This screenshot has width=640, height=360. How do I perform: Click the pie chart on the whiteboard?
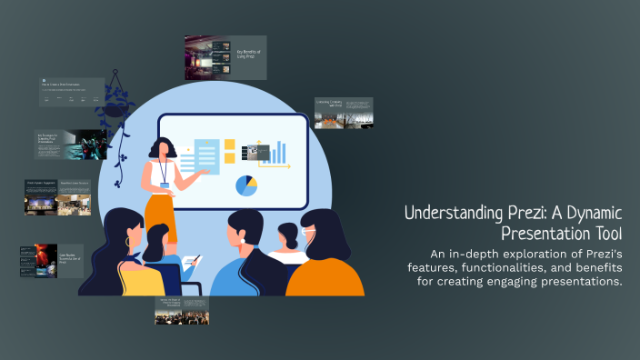(246, 185)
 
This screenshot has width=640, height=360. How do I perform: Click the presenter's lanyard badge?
(165, 185)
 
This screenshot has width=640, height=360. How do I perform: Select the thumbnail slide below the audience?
(182, 310)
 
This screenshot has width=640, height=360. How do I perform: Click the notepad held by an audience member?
(191, 264)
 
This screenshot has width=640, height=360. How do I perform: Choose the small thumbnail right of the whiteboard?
(344, 114)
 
